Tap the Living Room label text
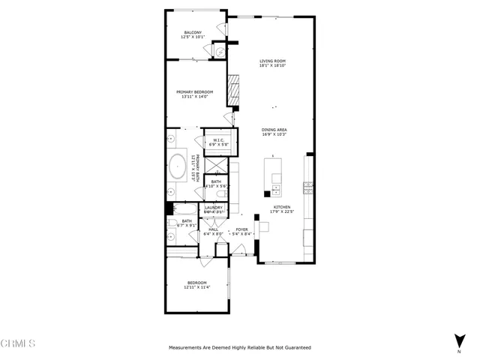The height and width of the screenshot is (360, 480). point(273,63)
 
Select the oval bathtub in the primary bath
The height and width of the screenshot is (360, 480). point(178,166)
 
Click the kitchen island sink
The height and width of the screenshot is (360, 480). point(277,187)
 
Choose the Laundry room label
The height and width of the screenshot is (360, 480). point(214,210)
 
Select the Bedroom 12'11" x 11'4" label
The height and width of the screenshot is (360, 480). point(196,284)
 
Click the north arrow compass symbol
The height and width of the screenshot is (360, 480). point(459,340)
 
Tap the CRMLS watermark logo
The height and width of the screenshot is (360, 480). point(19,343)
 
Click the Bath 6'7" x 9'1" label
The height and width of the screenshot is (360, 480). point(186,223)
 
